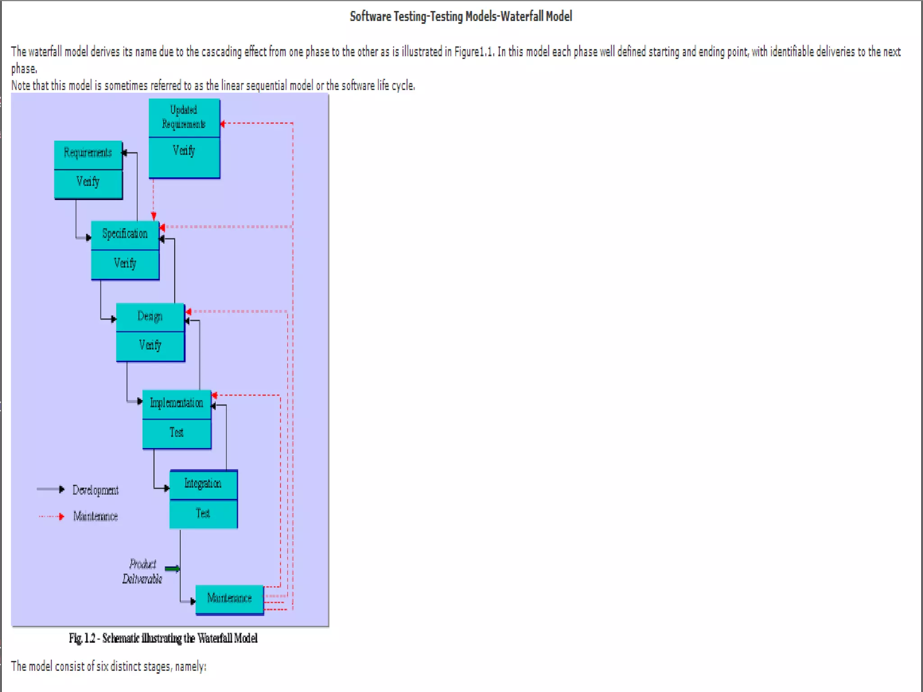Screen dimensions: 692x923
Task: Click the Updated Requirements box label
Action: [x=184, y=117]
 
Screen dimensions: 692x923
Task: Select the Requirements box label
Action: [x=88, y=153]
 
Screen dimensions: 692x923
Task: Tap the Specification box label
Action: [x=125, y=234]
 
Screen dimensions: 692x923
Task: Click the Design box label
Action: [x=150, y=316]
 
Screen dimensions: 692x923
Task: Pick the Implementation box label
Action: [x=177, y=403]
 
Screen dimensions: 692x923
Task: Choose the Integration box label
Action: [x=203, y=484]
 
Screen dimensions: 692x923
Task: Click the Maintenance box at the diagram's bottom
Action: [x=229, y=598]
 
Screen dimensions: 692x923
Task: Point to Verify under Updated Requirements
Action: [x=184, y=150]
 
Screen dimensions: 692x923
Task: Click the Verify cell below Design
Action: [x=150, y=346]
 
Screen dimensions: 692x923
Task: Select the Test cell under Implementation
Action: [x=177, y=432]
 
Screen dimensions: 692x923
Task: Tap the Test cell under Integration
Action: [x=203, y=514]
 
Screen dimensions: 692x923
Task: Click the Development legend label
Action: [x=96, y=490]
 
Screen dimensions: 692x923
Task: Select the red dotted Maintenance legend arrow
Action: [x=51, y=516]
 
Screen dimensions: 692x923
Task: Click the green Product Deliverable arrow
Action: [x=173, y=569]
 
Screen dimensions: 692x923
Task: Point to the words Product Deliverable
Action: [x=142, y=571]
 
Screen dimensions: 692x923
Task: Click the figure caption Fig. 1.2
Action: [x=82, y=638]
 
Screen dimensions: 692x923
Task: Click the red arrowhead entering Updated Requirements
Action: [x=223, y=123]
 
